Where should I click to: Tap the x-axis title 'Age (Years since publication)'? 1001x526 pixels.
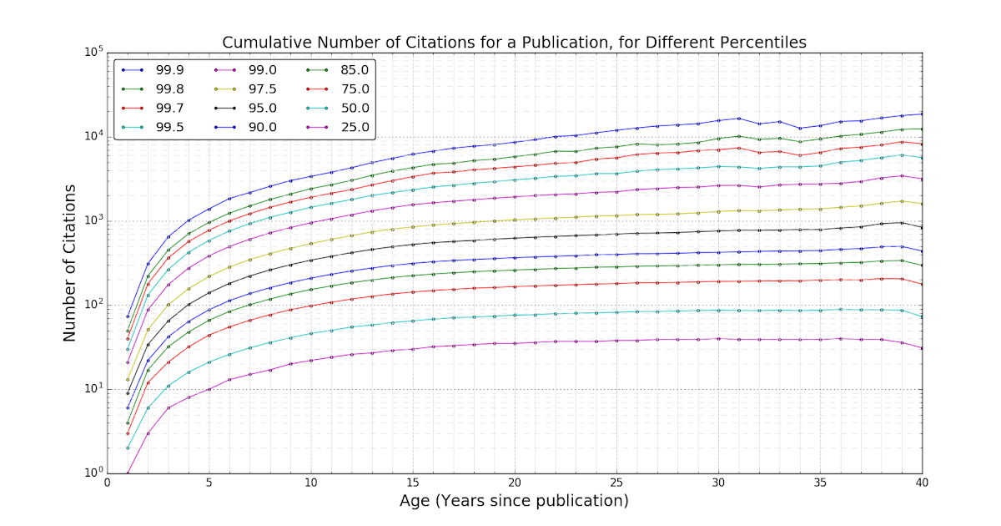coord(514,501)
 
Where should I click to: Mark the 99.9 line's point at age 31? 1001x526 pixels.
coord(739,119)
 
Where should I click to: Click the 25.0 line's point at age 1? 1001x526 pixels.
coord(128,473)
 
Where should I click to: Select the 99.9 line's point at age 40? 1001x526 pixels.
coord(922,114)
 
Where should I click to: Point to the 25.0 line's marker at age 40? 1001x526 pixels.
coord(922,348)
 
